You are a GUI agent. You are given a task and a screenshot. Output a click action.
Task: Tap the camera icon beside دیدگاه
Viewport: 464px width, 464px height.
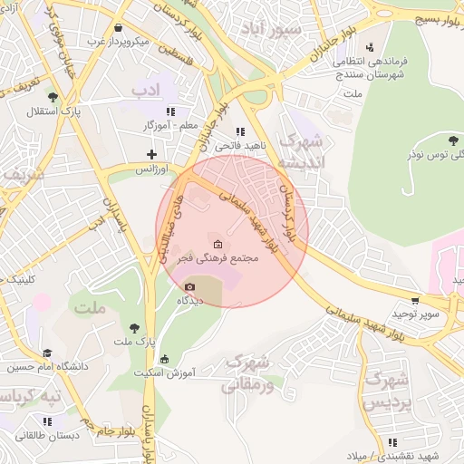[188, 287]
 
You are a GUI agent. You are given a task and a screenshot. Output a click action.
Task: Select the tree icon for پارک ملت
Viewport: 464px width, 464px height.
[134, 327]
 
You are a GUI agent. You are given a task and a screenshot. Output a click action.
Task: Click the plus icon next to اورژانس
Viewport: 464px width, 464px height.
[151, 154]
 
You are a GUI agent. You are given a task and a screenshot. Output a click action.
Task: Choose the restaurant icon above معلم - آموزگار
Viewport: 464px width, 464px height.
[170, 111]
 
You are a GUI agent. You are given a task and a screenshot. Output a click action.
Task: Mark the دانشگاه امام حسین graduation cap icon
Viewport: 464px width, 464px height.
[47, 353]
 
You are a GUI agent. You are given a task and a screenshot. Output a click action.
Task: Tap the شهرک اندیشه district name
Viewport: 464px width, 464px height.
[300, 152]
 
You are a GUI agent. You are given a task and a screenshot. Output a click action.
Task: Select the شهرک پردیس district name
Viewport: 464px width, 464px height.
[386, 390]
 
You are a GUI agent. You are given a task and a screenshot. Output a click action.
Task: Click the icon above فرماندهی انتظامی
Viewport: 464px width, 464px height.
[369, 48]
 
